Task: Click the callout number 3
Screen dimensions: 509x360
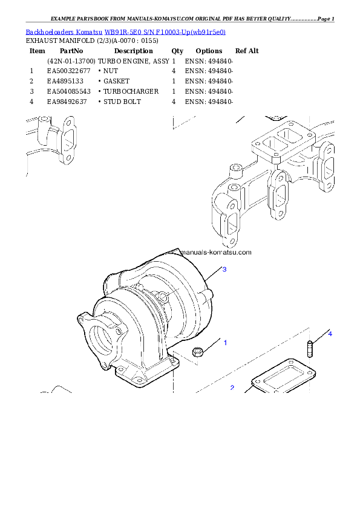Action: (x=224, y=270)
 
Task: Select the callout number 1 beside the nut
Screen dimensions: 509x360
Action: (x=225, y=343)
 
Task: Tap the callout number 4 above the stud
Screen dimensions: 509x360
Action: (x=330, y=333)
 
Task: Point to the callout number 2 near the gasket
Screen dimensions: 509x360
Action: (x=232, y=387)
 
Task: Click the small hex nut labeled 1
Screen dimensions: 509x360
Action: (x=197, y=352)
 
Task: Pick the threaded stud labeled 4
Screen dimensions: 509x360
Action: (x=310, y=349)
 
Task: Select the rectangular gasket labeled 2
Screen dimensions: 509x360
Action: (x=283, y=379)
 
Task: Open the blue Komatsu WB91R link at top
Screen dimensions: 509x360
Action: (x=125, y=31)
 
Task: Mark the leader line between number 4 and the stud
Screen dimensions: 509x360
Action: (x=319, y=337)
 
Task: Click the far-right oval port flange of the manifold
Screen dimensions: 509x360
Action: (x=330, y=166)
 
